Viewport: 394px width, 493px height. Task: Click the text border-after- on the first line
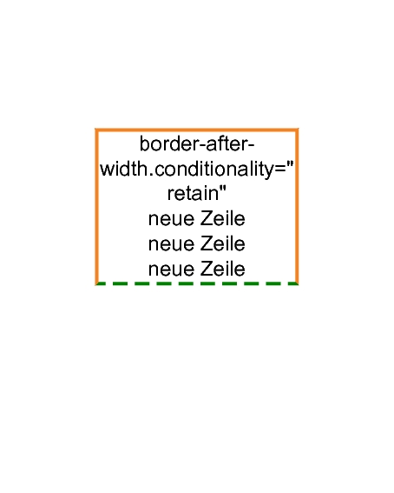coord(197,144)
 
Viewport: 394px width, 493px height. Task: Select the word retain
coord(193,193)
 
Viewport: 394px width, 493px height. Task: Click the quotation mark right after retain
coord(222,189)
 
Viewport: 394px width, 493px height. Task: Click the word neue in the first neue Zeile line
coord(171,219)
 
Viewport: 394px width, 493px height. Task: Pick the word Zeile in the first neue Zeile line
coord(223,218)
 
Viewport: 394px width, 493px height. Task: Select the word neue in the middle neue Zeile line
coord(171,244)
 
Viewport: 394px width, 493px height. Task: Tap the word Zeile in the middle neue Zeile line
coord(223,243)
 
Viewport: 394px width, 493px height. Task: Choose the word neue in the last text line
coord(171,270)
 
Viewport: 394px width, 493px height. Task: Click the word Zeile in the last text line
coord(223,269)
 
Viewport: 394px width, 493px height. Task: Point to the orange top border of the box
coord(197,130)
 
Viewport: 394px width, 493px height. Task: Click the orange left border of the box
coord(97,207)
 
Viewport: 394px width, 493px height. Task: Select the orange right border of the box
coord(297,207)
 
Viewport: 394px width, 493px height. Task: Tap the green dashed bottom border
coord(197,283)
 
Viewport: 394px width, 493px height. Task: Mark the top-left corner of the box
coord(95,129)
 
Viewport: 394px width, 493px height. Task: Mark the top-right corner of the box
coord(299,129)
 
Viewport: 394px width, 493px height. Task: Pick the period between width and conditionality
coord(151,174)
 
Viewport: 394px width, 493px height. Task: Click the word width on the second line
coord(124,169)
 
